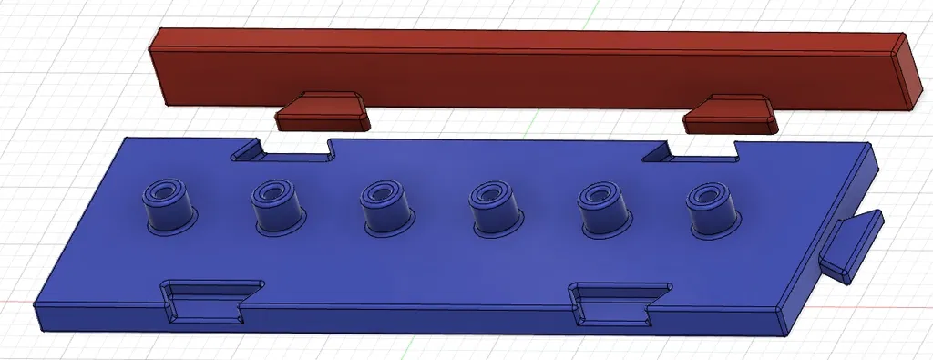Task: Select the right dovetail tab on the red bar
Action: tap(731, 114)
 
